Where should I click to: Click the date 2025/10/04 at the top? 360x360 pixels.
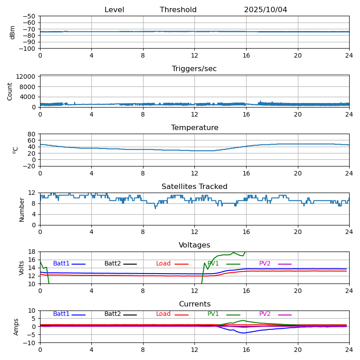click(265, 10)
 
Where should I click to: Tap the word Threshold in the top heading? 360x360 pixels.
click(178, 10)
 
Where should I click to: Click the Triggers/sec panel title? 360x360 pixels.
click(194, 69)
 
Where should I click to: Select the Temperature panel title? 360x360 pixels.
click(194, 128)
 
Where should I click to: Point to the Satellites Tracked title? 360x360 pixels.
click(194, 187)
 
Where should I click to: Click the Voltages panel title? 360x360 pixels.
click(194, 245)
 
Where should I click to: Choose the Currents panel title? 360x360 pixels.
click(194, 304)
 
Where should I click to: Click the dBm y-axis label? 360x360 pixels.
click(13, 32)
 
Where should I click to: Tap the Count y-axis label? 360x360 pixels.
click(10, 91)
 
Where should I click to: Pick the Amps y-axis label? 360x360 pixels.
click(16, 327)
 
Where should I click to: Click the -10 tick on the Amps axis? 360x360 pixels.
click(30, 343)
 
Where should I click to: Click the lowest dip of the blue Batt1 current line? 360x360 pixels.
click(243, 333)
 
